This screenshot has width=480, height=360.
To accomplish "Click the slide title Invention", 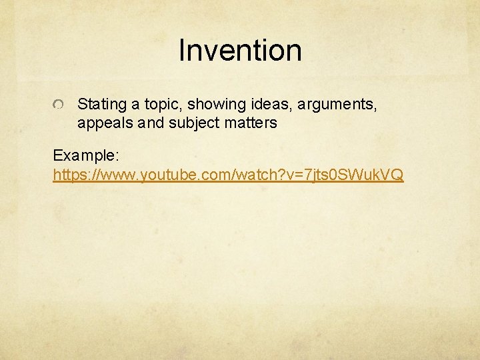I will coord(240,51).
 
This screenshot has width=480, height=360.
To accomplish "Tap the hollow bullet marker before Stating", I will coord(59,105).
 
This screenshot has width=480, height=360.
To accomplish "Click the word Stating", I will coord(102,105).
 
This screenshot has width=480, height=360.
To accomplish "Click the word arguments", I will coord(337,105).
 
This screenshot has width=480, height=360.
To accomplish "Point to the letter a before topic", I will coord(137,105).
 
